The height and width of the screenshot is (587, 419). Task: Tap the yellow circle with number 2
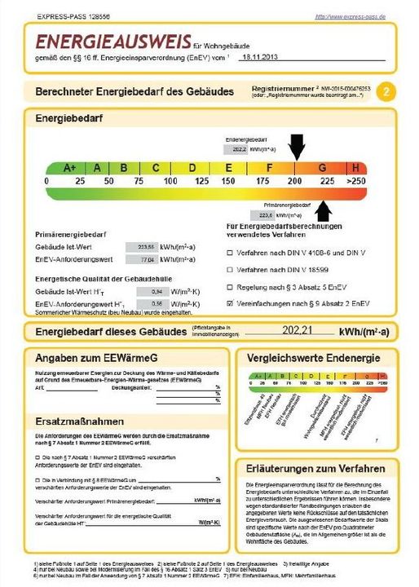click(x=388, y=91)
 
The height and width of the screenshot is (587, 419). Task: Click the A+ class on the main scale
click(x=69, y=167)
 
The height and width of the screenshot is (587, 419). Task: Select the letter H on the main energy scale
click(x=356, y=167)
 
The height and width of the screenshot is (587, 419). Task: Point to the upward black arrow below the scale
click(x=324, y=210)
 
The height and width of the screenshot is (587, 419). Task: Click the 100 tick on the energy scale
click(x=170, y=180)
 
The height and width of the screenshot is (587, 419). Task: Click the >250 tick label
click(x=355, y=180)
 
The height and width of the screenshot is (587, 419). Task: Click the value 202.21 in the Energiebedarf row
click(x=291, y=332)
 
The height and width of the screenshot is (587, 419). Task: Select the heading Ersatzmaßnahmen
click(x=80, y=421)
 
